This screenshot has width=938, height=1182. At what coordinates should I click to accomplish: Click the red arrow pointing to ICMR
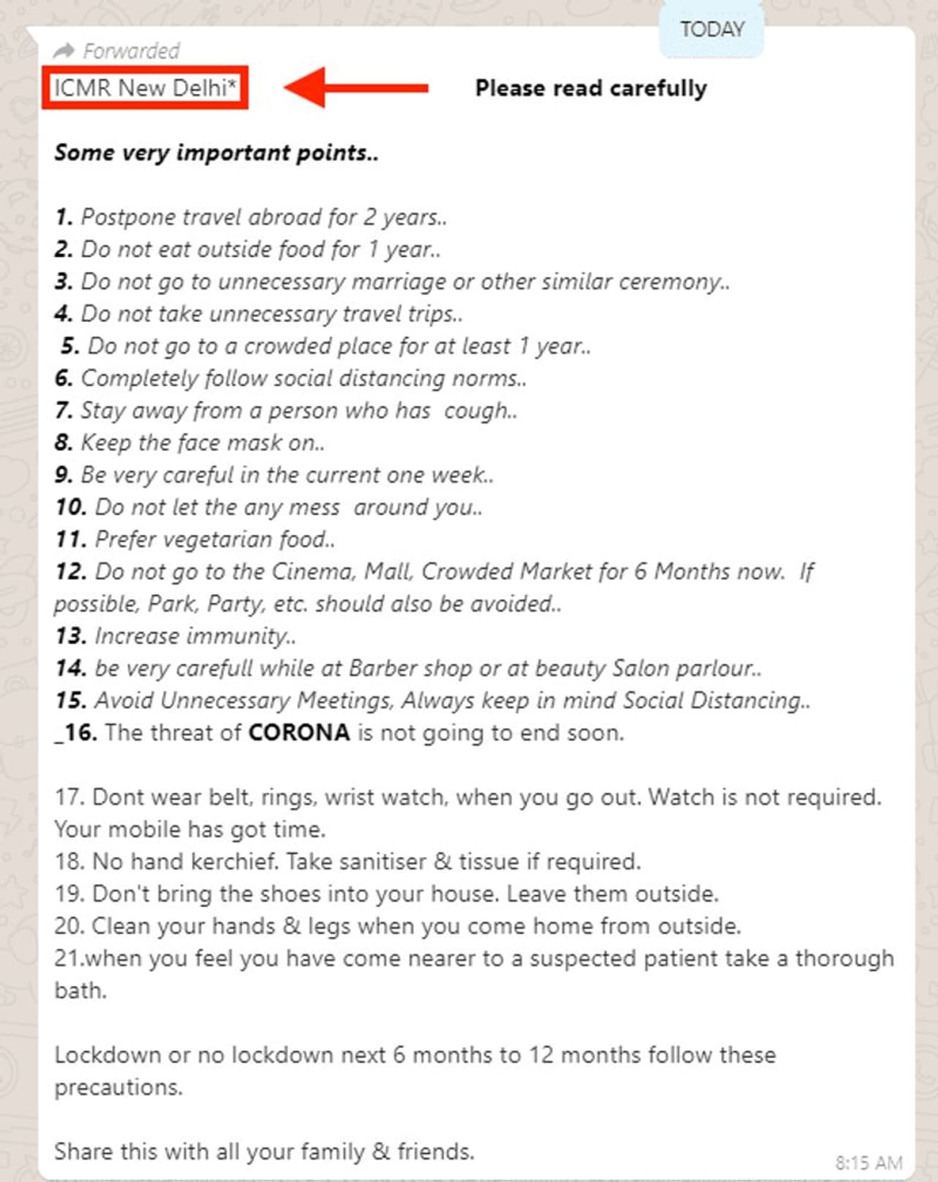pos(355,88)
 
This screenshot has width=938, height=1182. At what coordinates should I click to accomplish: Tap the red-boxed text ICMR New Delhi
pos(145,88)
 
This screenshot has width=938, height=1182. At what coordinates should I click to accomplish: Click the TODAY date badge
pos(712,30)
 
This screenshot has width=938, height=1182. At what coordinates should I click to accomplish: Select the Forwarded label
pos(131,51)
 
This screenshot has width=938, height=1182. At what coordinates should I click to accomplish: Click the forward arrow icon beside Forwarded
pos(64,51)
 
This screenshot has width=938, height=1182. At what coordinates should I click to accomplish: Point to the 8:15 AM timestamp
pos(868,1163)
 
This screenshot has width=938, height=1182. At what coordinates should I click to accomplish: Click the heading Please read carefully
pos(591,88)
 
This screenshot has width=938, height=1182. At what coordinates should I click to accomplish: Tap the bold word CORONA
pos(299,732)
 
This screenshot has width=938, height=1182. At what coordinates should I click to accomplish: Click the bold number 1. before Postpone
pos(64,217)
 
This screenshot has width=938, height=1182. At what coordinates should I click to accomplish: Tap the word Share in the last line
pos(84,1152)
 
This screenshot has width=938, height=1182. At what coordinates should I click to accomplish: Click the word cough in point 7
pos(476,411)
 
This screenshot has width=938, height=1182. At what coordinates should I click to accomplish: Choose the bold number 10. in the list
pos(71,507)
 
